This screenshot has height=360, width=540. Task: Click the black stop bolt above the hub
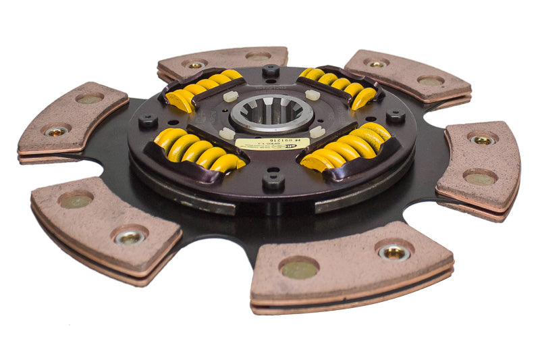click(x=271, y=70)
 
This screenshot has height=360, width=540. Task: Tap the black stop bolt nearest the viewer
click(x=273, y=180)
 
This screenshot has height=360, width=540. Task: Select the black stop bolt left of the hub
click(x=147, y=122)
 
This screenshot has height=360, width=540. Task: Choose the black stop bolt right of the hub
click(x=396, y=116)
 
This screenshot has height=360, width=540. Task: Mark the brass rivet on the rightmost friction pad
click(x=483, y=140)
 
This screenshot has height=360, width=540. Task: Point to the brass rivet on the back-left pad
click(x=195, y=66)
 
